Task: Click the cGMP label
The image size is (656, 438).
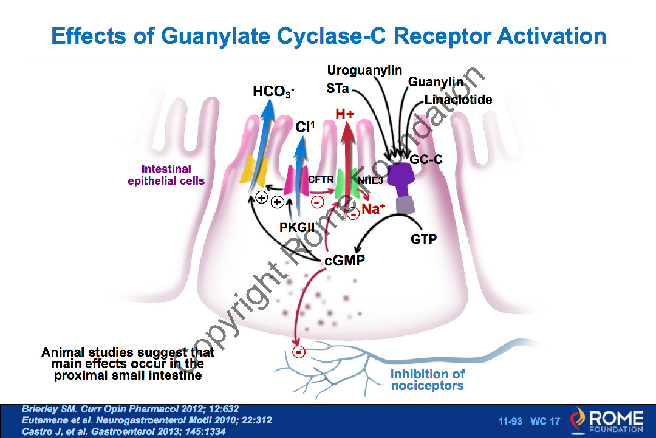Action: click(345, 261)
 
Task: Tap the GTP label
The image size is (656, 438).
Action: click(423, 239)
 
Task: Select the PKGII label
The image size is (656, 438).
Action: click(299, 227)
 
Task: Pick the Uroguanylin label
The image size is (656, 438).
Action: click(364, 70)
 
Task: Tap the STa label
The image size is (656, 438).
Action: click(337, 89)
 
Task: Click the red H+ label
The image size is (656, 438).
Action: click(345, 113)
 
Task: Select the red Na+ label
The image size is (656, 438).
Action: click(374, 210)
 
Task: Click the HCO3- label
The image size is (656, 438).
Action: click(273, 92)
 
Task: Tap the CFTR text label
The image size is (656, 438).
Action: click(321, 179)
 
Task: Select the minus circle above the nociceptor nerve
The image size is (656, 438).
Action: click(298, 351)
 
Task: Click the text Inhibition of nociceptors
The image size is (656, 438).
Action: click(428, 380)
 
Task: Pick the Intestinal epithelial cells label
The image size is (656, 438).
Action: click(166, 175)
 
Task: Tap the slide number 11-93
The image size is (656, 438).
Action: click(510, 421)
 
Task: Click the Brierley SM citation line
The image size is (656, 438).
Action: click(134, 409)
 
